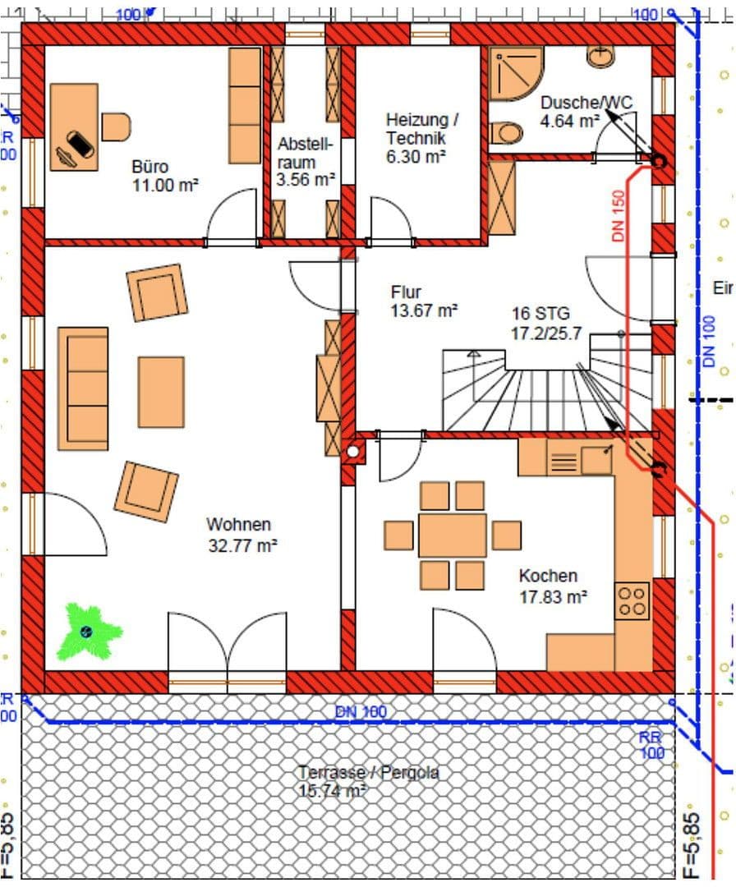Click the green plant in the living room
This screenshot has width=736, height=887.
click(88, 631)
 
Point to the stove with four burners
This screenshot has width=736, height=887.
click(632, 600)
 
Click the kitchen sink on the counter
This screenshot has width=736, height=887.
click(596, 460)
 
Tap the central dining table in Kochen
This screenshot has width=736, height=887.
click(452, 535)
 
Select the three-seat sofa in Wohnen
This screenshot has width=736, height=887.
click(83, 388)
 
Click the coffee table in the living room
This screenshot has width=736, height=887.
click(161, 392)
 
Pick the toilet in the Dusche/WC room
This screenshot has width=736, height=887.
click(507, 133)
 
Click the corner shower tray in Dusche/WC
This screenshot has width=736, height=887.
click(515, 72)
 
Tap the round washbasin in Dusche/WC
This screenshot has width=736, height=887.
click(601, 56)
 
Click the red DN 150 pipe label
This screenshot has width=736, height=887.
click(619, 216)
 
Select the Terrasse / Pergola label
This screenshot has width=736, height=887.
click(368, 773)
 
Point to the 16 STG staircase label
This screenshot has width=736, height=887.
click(540, 314)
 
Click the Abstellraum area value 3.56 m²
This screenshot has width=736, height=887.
click(306, 180)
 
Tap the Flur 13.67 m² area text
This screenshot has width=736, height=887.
click(424, 310)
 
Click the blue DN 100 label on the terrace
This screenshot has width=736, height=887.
click(360, 712)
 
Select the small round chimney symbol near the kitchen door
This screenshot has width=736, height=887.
click(353, 451)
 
